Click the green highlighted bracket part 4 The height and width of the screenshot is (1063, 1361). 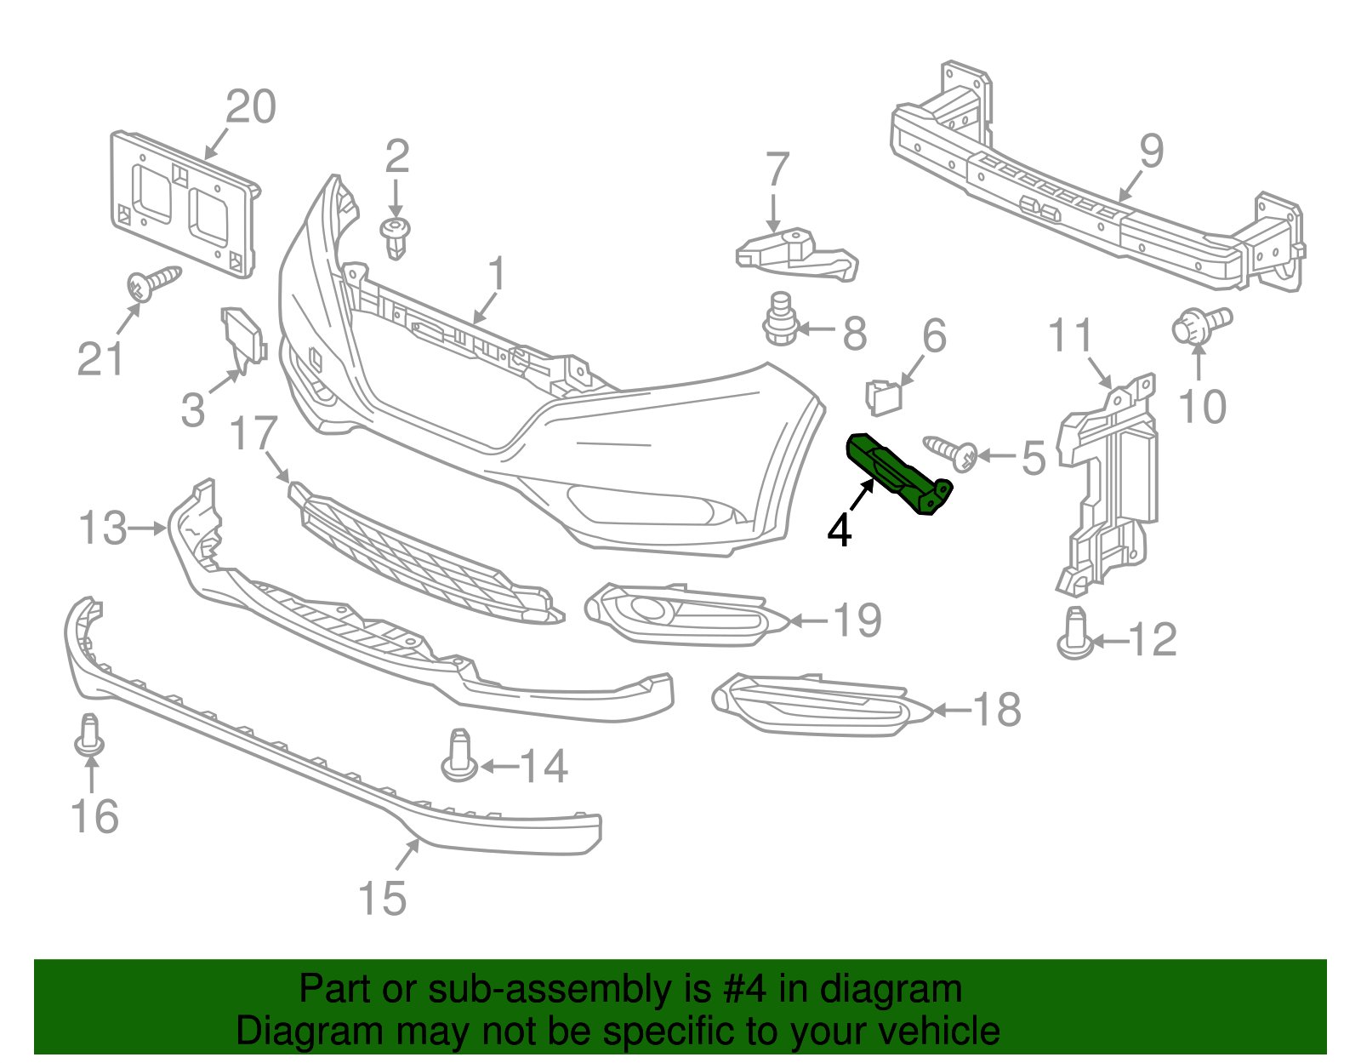pyautogui.click(x=897, y=475)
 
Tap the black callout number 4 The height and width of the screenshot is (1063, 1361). pyautogui.click(x=840, y=530)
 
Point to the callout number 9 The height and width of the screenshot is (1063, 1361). pyautogui.click(x=1150, y=151)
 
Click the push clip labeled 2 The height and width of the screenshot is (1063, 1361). pyautogui.click(x=396, y=237)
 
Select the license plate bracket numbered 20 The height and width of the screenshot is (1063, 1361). pyautogui.click(x=183, y=204)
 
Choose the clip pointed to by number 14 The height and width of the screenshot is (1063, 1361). pyautogui.click(x=458, y=756)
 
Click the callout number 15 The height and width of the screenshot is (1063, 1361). pyautogui.click(x=382, y=898)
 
